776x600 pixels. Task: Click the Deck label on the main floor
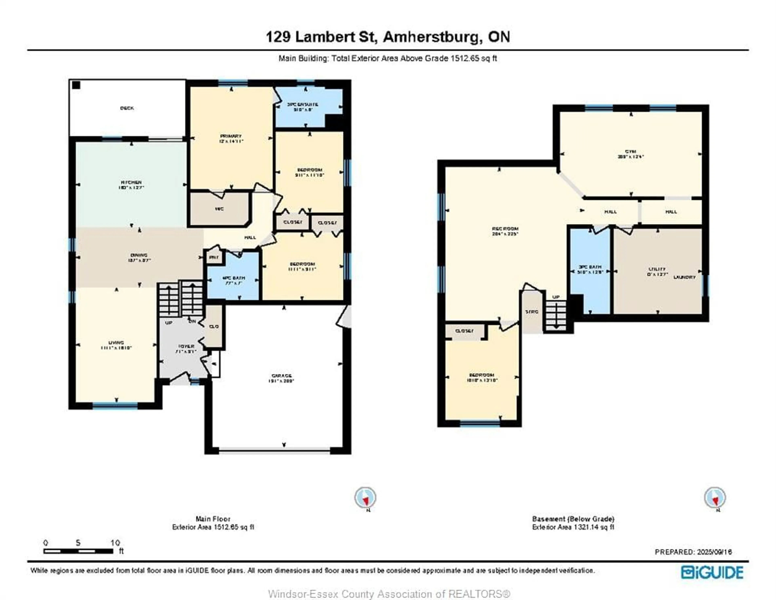[127, 108]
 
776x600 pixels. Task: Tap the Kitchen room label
[131, 182]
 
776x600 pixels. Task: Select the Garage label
[282, 376]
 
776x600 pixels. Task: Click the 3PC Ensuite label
[302, 104]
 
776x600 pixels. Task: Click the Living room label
[116, 342]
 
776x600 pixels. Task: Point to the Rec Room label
[505, 229]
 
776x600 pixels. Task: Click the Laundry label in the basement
[684, 277]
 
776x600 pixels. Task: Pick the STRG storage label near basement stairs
[531, 312]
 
